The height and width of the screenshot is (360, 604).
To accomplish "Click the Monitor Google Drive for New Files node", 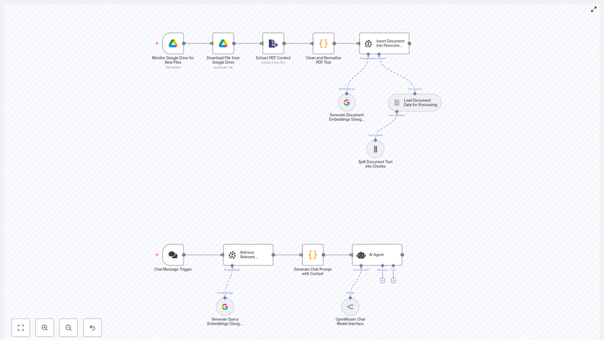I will coord(173,44).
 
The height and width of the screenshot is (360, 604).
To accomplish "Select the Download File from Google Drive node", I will coord(223,44).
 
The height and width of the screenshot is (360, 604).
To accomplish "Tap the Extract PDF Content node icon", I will coord(273,44).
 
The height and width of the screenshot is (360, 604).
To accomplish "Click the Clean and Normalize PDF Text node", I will coord(323,44).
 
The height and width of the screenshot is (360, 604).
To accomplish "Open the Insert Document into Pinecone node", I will coord(384,44).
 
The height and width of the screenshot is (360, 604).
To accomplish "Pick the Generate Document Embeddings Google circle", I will coord(347,103).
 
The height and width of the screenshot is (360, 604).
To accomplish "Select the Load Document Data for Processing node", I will coord(415,103).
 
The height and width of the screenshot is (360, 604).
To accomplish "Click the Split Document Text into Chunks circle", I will coord(375,149).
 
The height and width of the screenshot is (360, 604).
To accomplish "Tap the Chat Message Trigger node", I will coord(173,255).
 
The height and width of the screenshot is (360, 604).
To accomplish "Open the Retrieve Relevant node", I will coord(248,255).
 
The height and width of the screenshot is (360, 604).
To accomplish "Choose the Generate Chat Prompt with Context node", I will coord(313,255).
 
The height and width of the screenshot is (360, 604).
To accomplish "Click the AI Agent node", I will coord(377,255).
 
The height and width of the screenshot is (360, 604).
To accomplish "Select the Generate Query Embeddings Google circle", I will coord(225,307).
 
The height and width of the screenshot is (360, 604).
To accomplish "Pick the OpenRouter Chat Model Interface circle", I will coord(350,307).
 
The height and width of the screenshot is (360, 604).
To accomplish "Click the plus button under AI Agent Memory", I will coord(382,280).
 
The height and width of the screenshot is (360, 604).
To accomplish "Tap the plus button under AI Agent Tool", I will coord(393,280).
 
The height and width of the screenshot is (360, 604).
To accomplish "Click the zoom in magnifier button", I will coord(45,328).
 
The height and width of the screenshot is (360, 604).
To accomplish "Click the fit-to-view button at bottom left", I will coord(21,328).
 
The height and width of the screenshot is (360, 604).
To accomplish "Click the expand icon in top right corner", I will coord(593,9).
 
